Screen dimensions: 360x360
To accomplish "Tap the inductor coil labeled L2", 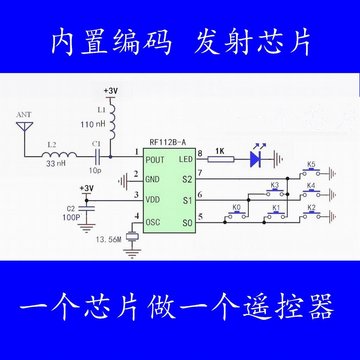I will click(x=64, y=156).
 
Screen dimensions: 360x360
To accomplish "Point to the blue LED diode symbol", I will click(x=258, y=157).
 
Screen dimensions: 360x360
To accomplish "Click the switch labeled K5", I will click(x=311, y=175).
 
